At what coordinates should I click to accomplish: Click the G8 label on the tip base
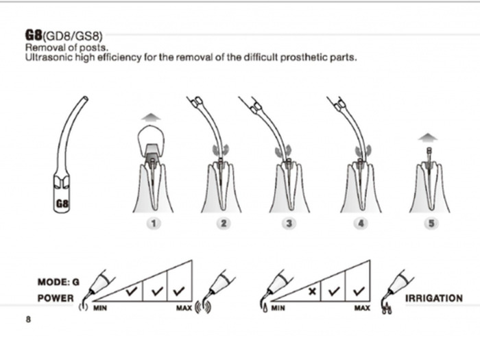click(x=62, y=204)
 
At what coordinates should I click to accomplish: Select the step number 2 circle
click(x=222, y=224)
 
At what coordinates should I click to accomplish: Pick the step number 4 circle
click(x=360, y=224)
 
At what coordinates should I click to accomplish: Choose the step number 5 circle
click(x=431, y=224)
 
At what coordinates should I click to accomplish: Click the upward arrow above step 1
click(x=152, y=117)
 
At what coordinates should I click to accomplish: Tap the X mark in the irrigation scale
click(x=313, y=291)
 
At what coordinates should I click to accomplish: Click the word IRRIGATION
click(x=434, y=298)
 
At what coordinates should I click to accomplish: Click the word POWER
click(x=55, y=298)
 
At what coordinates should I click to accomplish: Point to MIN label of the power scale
click(x=100, y=309)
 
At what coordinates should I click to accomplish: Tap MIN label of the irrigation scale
click(x=278, y=309)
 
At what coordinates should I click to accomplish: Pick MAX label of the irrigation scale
click(x=362, y=309)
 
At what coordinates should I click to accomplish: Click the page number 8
click(x=28, y=320)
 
